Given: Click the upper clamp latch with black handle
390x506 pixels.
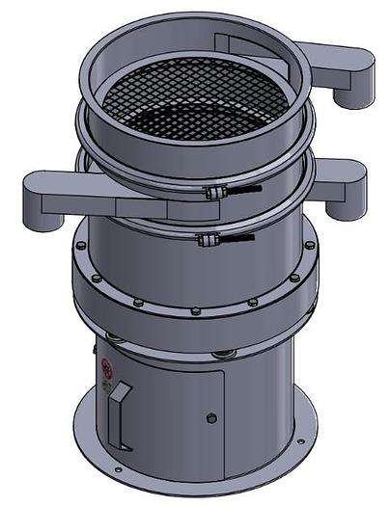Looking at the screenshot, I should click(x=230, y=194).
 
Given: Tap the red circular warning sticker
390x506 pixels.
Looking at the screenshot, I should click(x=107, y=368).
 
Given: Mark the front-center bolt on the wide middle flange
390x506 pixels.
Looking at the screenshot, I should click(x=196, y=310).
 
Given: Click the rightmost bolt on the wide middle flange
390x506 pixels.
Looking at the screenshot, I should click(x=309, y=246).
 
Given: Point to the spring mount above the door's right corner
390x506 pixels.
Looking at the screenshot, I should click(x=226, y=352).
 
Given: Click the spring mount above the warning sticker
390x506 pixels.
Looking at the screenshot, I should click(x=115, y=337).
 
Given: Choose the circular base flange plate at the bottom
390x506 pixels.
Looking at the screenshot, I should click(x=193, y=477).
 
